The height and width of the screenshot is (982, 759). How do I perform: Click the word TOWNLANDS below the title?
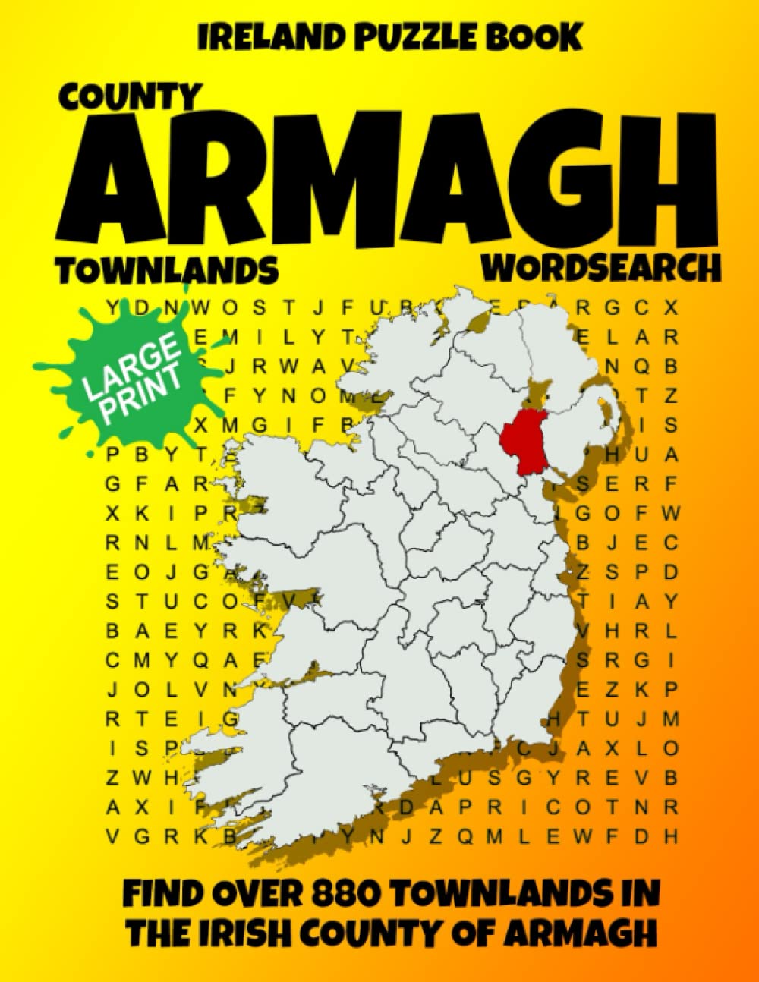tap(166, 270)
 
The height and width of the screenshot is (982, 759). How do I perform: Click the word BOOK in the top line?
tap(528, 36)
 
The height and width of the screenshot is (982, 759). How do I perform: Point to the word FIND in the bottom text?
tap(162, 893)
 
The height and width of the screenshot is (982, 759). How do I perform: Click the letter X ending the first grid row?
tap(670, 307)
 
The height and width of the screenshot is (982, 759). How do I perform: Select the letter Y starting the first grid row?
tap(112, 307)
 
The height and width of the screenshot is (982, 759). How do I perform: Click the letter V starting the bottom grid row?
tap(112, 837)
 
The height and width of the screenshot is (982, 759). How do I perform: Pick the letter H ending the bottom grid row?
tap(670, 837)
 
